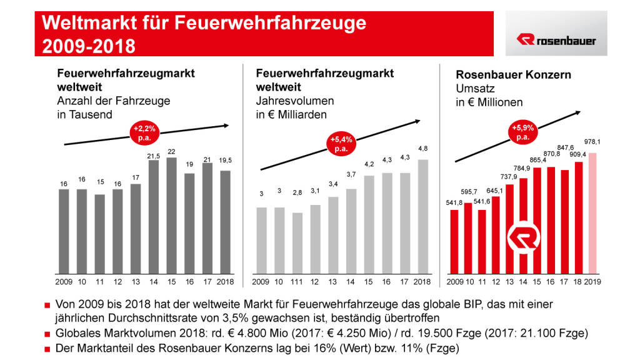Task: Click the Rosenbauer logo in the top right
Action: click(x=556, y=40)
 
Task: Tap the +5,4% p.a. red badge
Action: click(x=340, y=145)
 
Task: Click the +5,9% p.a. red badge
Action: click(x=523, y=132)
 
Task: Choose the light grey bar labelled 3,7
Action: click(x=351, y=231)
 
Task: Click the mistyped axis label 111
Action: click(x=297, y=282)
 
